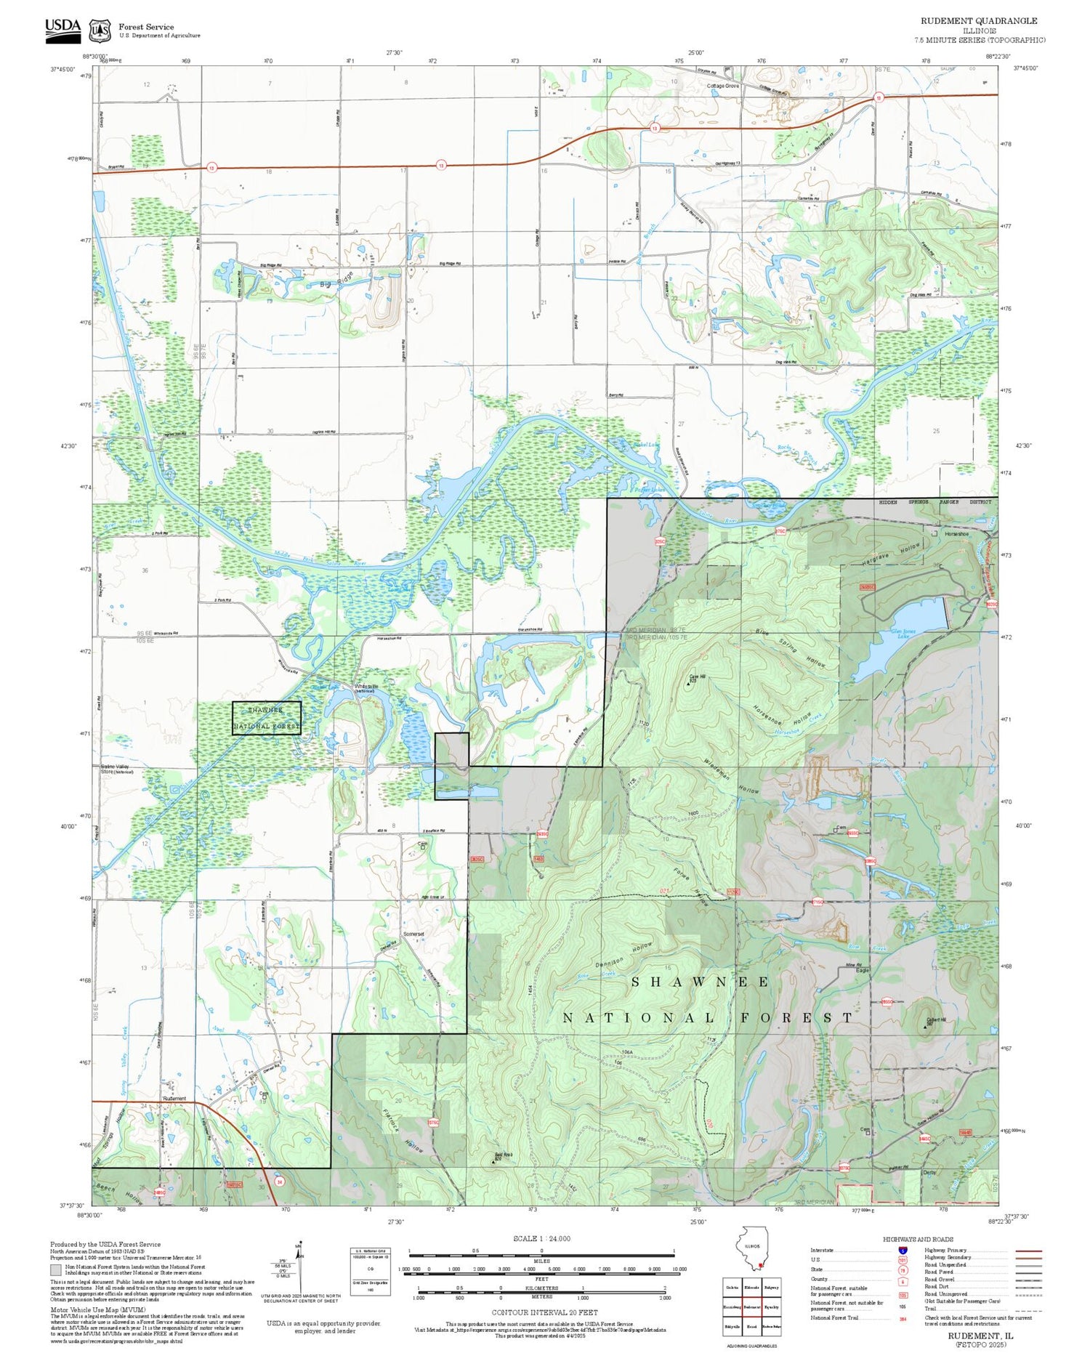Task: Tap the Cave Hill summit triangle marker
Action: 689,683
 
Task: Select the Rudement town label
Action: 174,1098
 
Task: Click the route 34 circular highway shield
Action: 279,1181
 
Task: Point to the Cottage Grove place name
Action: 722,86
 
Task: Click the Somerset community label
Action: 413,934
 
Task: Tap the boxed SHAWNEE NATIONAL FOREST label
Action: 267,718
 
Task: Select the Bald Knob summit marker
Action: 493,1160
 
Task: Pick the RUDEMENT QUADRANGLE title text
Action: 979,21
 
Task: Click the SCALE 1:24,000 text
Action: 541,1238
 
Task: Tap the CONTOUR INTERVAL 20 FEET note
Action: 544,1312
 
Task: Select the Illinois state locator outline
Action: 753,1249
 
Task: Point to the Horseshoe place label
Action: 956,534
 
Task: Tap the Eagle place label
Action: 862,971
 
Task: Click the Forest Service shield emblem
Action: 100,31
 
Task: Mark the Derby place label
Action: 929,1172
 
